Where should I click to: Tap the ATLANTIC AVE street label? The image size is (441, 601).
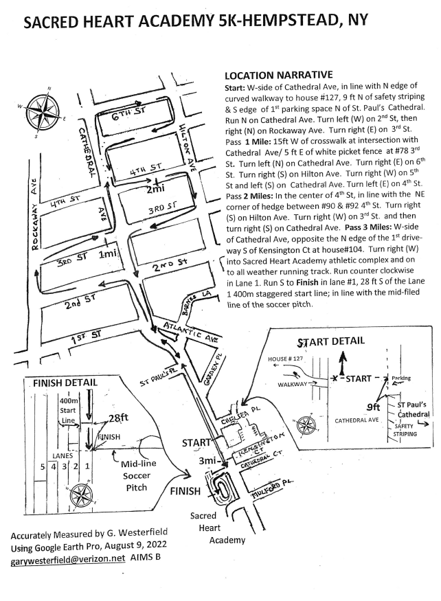pyautogui.click(x=188, y=332)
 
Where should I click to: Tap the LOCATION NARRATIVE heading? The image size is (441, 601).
pyautogui.click(x=279, y=74)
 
